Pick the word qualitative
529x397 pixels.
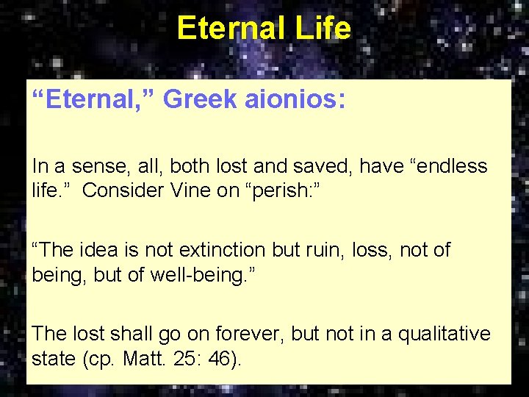(444, 334)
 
